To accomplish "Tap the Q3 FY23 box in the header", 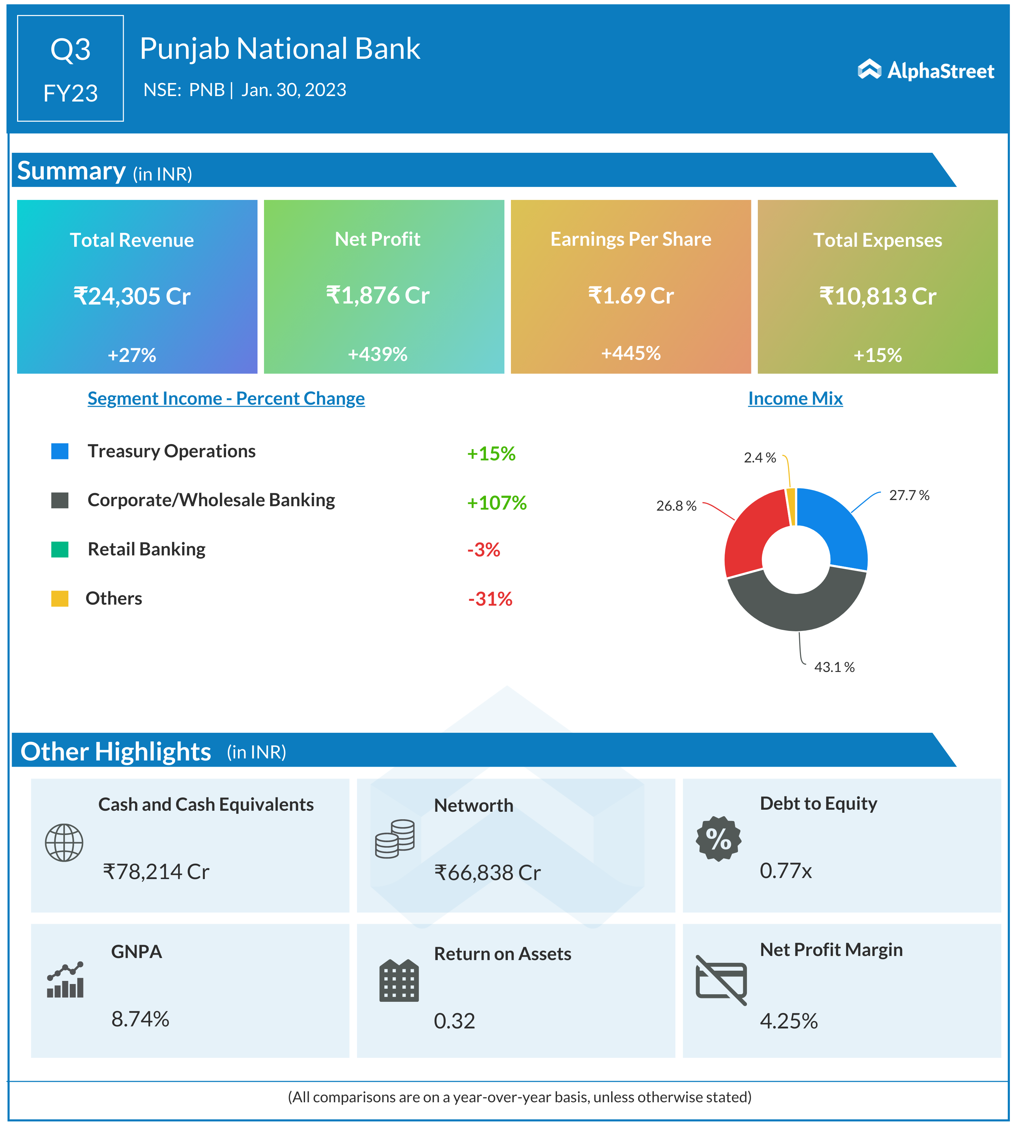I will pyautogui.click(x=70, y=69).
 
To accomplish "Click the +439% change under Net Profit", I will pyautogui.click(x=378, y=354).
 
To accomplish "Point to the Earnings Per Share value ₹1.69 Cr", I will pyautogui.click(x=631, y=295).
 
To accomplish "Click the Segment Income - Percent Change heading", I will pyautogui.click(x=226, y=399).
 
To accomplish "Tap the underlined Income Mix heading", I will pyautogui.click(x=795, y=399).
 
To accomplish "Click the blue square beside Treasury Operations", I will pyautogui.click(x=60, y=451).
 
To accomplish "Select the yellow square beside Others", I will pyautogui.click(x=60, y=598).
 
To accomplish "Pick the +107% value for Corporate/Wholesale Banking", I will pyautogui.click(x=496, y=503).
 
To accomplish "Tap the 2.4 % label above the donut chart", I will pyautogui.click(x=760, y=458).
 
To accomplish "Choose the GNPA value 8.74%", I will pyautogui.click(x=140, y=1019).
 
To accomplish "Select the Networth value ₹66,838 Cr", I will pyautogui.click(x=487, y=872).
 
